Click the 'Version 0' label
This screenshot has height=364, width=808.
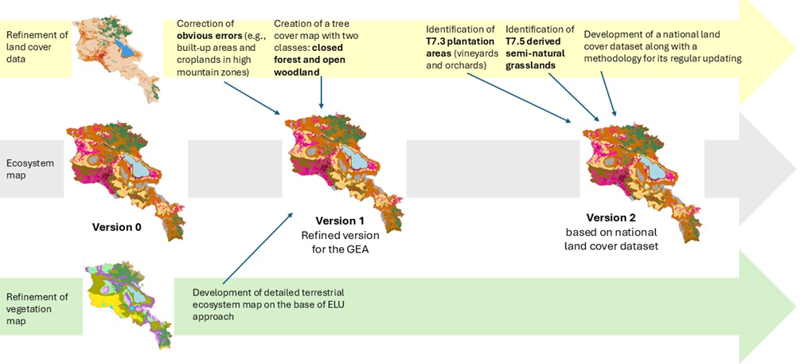116,227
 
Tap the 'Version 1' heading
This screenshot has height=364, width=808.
340,221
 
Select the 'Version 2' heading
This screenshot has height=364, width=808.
611,217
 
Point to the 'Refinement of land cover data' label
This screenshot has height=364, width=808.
34,49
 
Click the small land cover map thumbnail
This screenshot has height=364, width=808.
116,57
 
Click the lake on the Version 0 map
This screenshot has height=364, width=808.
137,167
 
